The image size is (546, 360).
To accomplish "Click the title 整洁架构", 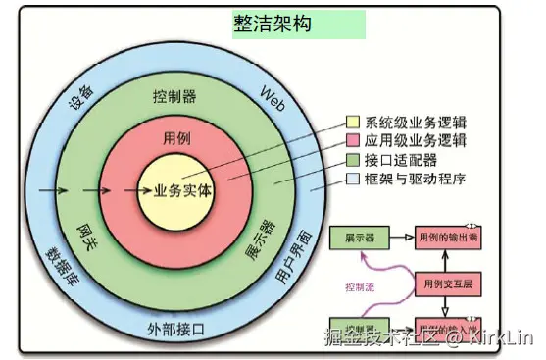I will click(273, 25).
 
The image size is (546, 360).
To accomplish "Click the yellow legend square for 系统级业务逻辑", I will click(353, 124).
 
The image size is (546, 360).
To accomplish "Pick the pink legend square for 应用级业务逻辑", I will click(353, 141).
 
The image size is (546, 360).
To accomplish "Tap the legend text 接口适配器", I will click(401, 160).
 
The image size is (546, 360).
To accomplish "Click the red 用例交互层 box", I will click(447, 283).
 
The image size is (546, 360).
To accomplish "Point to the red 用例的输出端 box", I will click(448, 237).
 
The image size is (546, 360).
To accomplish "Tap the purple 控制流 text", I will click(361, 287).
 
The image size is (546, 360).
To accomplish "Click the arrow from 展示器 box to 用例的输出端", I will click(402, 237).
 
